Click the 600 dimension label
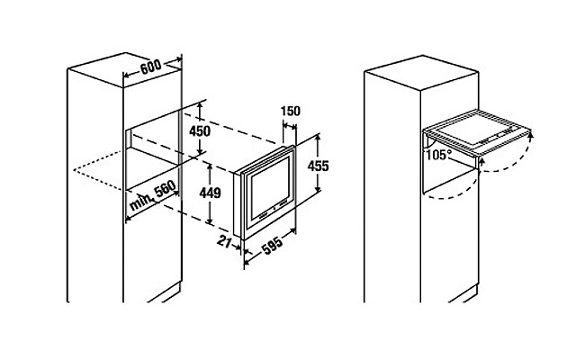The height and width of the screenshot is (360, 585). (151, 67)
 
